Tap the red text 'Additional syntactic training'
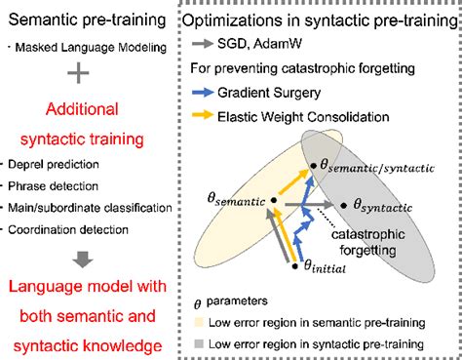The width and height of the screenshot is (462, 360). pos(85,124)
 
